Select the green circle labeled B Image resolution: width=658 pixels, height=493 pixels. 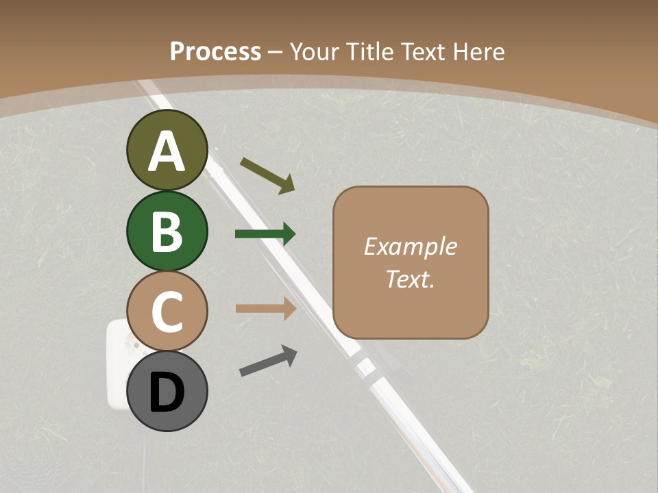(167, 231)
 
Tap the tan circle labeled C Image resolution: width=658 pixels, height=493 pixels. (167, 311)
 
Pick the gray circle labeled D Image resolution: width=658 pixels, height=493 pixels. (167, 391)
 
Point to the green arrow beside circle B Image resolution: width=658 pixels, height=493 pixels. (265, 234)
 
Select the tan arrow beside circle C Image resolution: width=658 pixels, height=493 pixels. (265, 308)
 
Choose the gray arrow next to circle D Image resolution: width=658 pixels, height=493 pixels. (268, 361)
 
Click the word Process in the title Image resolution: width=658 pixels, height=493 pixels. (215, 51)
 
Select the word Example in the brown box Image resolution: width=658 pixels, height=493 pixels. (410, 246)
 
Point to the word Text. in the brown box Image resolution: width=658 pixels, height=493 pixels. (410, 279)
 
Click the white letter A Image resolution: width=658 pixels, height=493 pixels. (167, 151)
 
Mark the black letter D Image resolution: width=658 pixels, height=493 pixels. (167, 392)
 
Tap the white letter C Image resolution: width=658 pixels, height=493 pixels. (167, 312)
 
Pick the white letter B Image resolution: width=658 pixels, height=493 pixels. (167, 231)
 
